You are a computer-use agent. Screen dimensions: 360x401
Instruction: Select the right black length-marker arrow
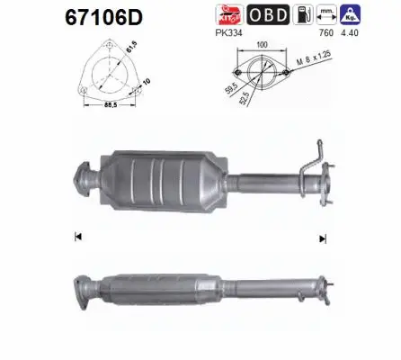click(319, 238)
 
